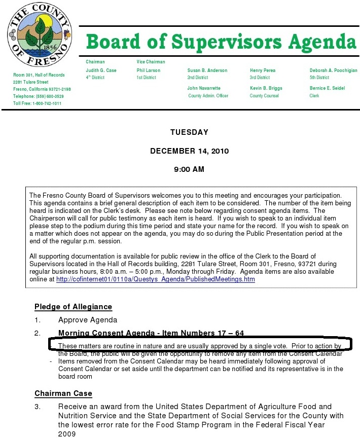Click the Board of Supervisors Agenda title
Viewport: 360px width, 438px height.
pyautogui.click(x=221, y=41)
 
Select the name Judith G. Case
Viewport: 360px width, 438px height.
pyautogui.click(x=101, y=70)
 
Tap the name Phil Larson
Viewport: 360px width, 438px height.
pyautogui.click(x=148, y=70)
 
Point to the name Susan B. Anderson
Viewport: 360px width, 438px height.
pyautogui.click(x=207, y=70)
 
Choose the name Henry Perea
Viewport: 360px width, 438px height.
pyautogui.click(x=262, y=70)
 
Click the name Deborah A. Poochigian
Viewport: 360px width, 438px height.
pyautogui.click(x=333, y=70)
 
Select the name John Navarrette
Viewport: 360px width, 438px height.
pyautogui.click(x=204, y=88)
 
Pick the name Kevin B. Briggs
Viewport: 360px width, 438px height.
pyautogui.click(x=266, y=88)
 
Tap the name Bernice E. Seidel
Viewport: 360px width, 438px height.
pyautogui.click(x=327, y=88)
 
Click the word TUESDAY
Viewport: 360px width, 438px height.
pyautogui.click(x=189, y=132)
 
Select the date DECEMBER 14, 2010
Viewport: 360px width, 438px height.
pyautogui.click(x=190, y=151)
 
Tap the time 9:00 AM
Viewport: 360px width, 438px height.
pyautogui.click(x=190, y=169)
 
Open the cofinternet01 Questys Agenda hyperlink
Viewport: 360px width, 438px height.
pyautogui.click(x=156, y=279)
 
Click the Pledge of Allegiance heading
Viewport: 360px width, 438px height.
pyautogui.click(x=73, y=307)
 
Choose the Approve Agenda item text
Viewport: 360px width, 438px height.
pyautogui.click(x=88, y=320)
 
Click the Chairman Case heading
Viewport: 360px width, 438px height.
pyautogui.click(x=63, y=393)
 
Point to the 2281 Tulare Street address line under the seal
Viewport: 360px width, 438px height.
pyautogui.click(x=31, y=82)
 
